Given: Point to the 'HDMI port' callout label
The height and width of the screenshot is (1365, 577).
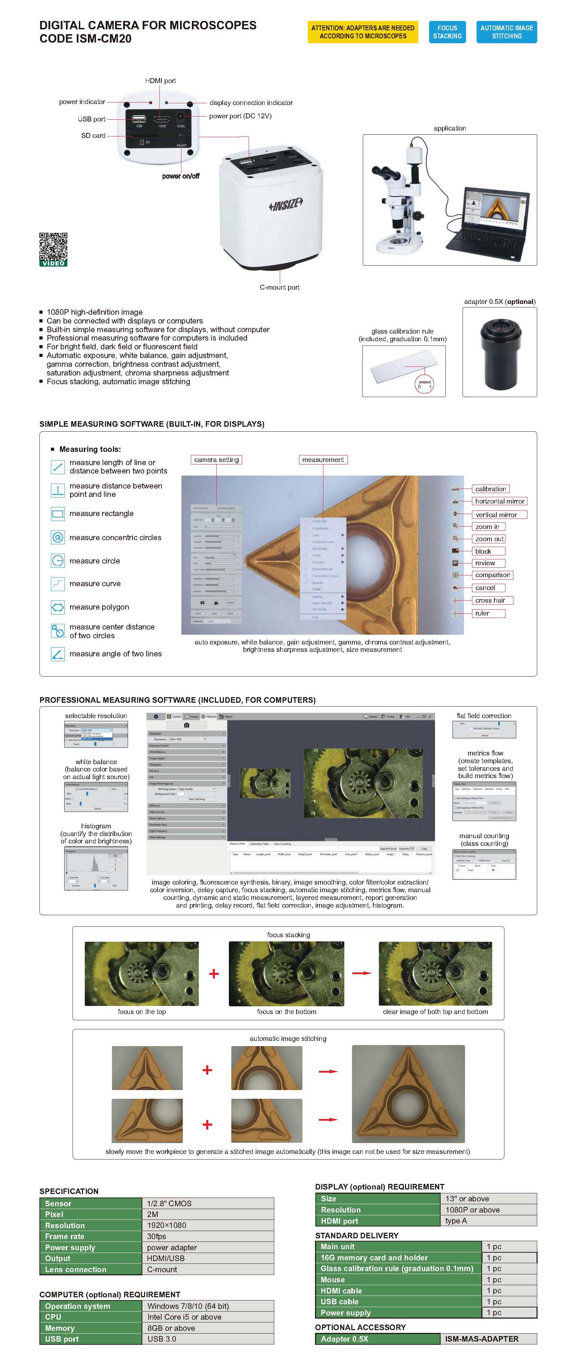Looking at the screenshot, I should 160,81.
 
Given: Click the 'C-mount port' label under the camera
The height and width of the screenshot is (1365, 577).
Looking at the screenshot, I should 279,287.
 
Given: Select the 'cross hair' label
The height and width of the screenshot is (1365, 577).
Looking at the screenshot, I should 489,601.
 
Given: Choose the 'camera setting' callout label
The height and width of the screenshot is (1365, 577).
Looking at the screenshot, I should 216,460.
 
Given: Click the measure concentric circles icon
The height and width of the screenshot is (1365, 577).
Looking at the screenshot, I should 58,537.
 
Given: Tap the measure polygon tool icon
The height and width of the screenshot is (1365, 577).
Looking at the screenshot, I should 58,607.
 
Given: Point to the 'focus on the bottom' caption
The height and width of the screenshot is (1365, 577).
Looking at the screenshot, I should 286,1012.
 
